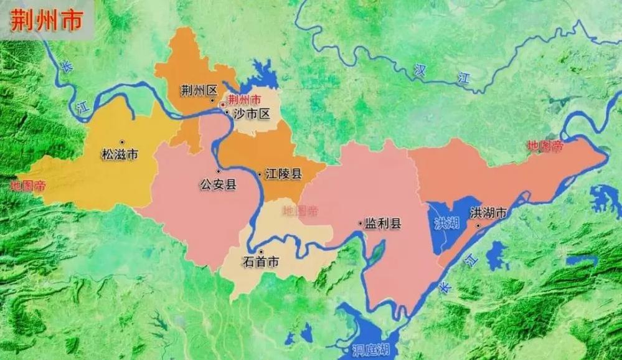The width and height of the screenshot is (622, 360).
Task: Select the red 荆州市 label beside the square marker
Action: [x=245, y=100]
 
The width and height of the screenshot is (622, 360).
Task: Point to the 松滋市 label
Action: [x=120, y=154]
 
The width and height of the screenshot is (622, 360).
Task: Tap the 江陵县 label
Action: [x=283, y=174]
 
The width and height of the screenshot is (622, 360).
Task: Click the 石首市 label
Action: [x=261, y=262]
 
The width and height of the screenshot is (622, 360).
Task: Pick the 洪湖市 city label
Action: [x=489, y=213]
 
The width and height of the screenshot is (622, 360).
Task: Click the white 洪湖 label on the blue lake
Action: [x=447, y=223]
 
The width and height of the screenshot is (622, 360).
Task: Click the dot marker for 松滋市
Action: [x=122, y=143]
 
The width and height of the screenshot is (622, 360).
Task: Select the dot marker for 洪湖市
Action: [x=478, y=225]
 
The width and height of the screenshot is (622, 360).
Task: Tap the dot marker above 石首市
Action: [x=261, y=251]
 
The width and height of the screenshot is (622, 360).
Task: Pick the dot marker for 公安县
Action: [x=218, y=171]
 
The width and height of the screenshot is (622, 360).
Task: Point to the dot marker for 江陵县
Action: [x=260, y=174]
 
